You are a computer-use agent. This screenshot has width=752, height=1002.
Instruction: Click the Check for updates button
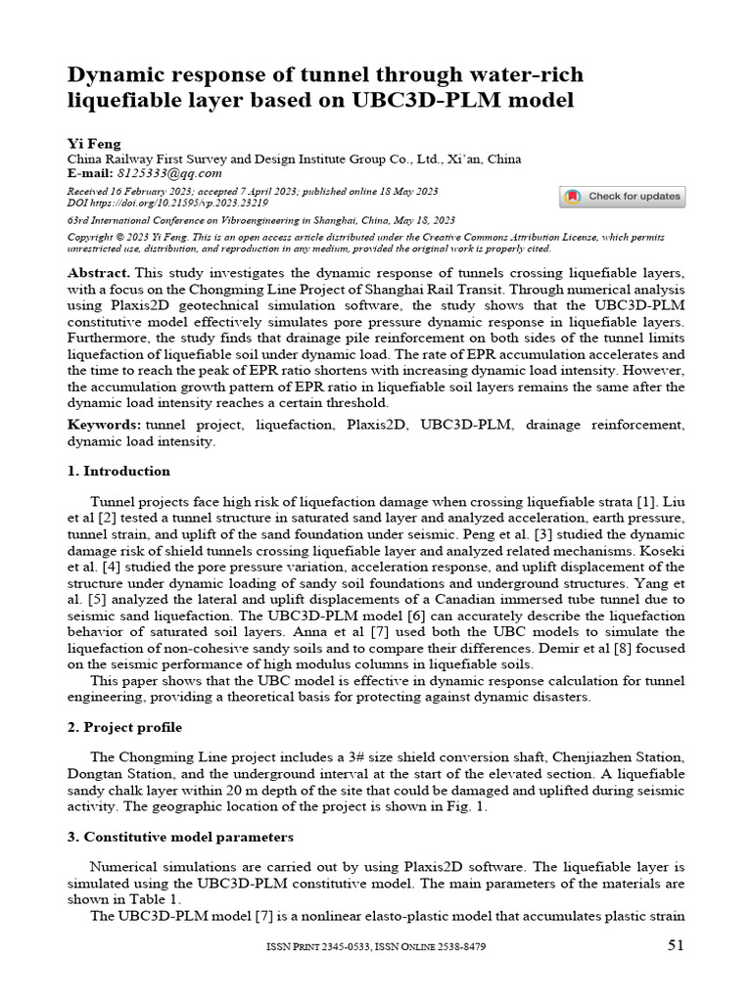coord(623,197)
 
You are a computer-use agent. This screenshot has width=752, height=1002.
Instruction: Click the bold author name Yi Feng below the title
coord(93,144)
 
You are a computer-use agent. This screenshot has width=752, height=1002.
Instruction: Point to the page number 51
coord(676,945)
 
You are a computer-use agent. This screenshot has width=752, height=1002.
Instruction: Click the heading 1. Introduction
coord(118,471)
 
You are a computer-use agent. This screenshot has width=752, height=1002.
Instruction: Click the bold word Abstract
coord(98,271)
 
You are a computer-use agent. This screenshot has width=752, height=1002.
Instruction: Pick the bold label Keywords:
coord(103,425)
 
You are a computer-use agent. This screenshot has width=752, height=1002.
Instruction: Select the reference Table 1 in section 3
coord(158,899)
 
